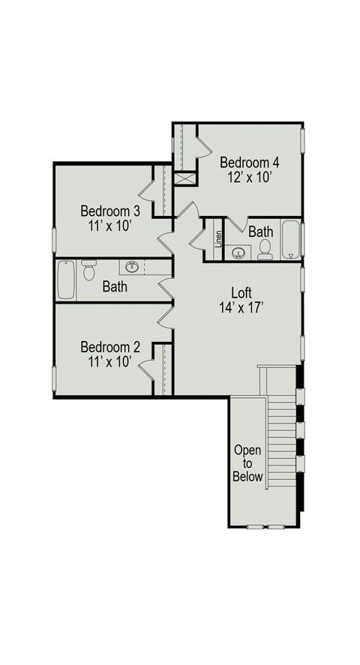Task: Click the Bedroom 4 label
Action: (249, 162)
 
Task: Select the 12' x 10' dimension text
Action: (249, 178)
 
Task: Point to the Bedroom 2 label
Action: (110, 347)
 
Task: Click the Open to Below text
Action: (247, 463)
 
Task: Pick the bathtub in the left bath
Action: (66, 279)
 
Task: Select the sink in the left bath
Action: (132, 266)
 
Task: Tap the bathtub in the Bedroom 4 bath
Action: (291, 240)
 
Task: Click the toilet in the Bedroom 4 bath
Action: (265, 251)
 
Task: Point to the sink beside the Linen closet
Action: (239, 252)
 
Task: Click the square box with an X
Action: (184, 178)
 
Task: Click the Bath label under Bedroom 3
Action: (115, 286)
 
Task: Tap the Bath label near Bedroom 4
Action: (261, 232)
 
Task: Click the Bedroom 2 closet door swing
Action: (146, 367)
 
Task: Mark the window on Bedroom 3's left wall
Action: (54, 240)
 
